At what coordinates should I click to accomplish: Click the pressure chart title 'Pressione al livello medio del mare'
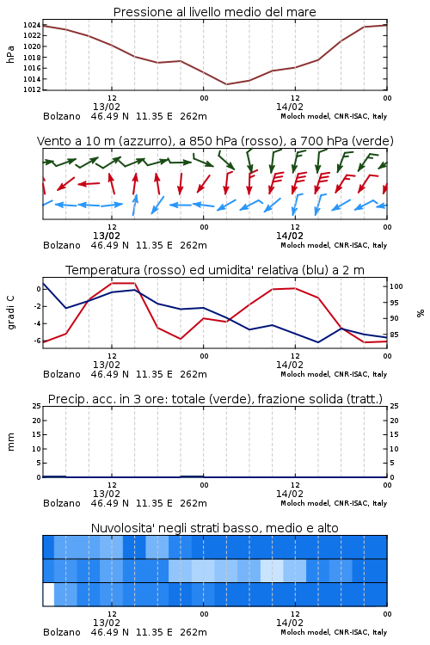coord(214,12)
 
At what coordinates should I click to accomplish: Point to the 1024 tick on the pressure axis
coord(32,25)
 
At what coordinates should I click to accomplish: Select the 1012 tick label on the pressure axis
coord(32,89)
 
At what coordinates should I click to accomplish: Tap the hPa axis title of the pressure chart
coord(10,54)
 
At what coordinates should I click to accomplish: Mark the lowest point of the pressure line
coord(226,84)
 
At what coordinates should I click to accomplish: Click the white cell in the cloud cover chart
coord(48,594)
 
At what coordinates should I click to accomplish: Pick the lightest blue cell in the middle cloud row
coord(272,570)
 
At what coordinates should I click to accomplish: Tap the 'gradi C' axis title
coord(11,312)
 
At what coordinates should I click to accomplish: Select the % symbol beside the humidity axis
coord(421,313)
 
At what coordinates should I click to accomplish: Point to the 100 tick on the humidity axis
coord(396,286)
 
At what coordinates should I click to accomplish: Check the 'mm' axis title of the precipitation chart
coord(11,442)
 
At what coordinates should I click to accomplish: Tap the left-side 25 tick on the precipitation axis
coord(37,406)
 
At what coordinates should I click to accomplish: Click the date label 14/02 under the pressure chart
coord(290,107)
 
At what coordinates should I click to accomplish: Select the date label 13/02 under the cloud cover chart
coord(107,623)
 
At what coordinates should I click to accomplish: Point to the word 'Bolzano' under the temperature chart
coord(62,374)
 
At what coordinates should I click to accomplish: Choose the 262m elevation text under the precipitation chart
coord(193,503)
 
